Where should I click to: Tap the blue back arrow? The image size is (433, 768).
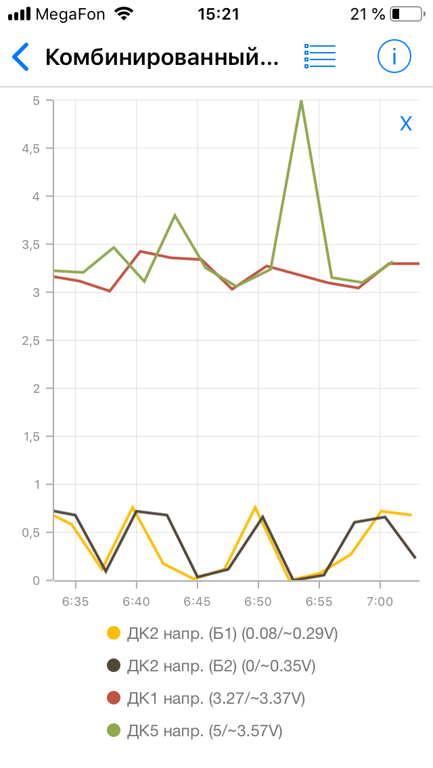(x=21, y=57)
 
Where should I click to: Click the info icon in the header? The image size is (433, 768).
(x=394, y=56)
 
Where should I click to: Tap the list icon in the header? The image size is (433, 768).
(x=320, y=56)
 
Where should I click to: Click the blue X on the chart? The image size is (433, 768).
(x=406, y=123)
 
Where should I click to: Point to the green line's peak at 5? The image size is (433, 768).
(x=300, y=101)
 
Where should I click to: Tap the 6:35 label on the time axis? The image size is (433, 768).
(x=75, y=601)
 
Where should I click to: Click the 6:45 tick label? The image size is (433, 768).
(x=196, y=601)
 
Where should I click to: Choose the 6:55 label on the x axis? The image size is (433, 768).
(x=318, y=601)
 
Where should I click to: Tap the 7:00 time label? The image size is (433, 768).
(x=379, y=601)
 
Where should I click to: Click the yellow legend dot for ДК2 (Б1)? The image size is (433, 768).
(x=114, y=633)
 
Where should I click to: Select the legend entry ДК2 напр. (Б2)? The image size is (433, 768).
(x=221, y=666)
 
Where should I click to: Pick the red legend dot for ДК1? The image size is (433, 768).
(x=114, y=698)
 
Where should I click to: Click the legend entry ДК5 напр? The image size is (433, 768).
(x=204, y=731)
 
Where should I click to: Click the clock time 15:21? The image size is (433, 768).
(x=218, y=14)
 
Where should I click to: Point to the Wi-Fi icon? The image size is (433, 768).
(x=123, y=14)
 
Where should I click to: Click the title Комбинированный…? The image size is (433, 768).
(x=162, y=57)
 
